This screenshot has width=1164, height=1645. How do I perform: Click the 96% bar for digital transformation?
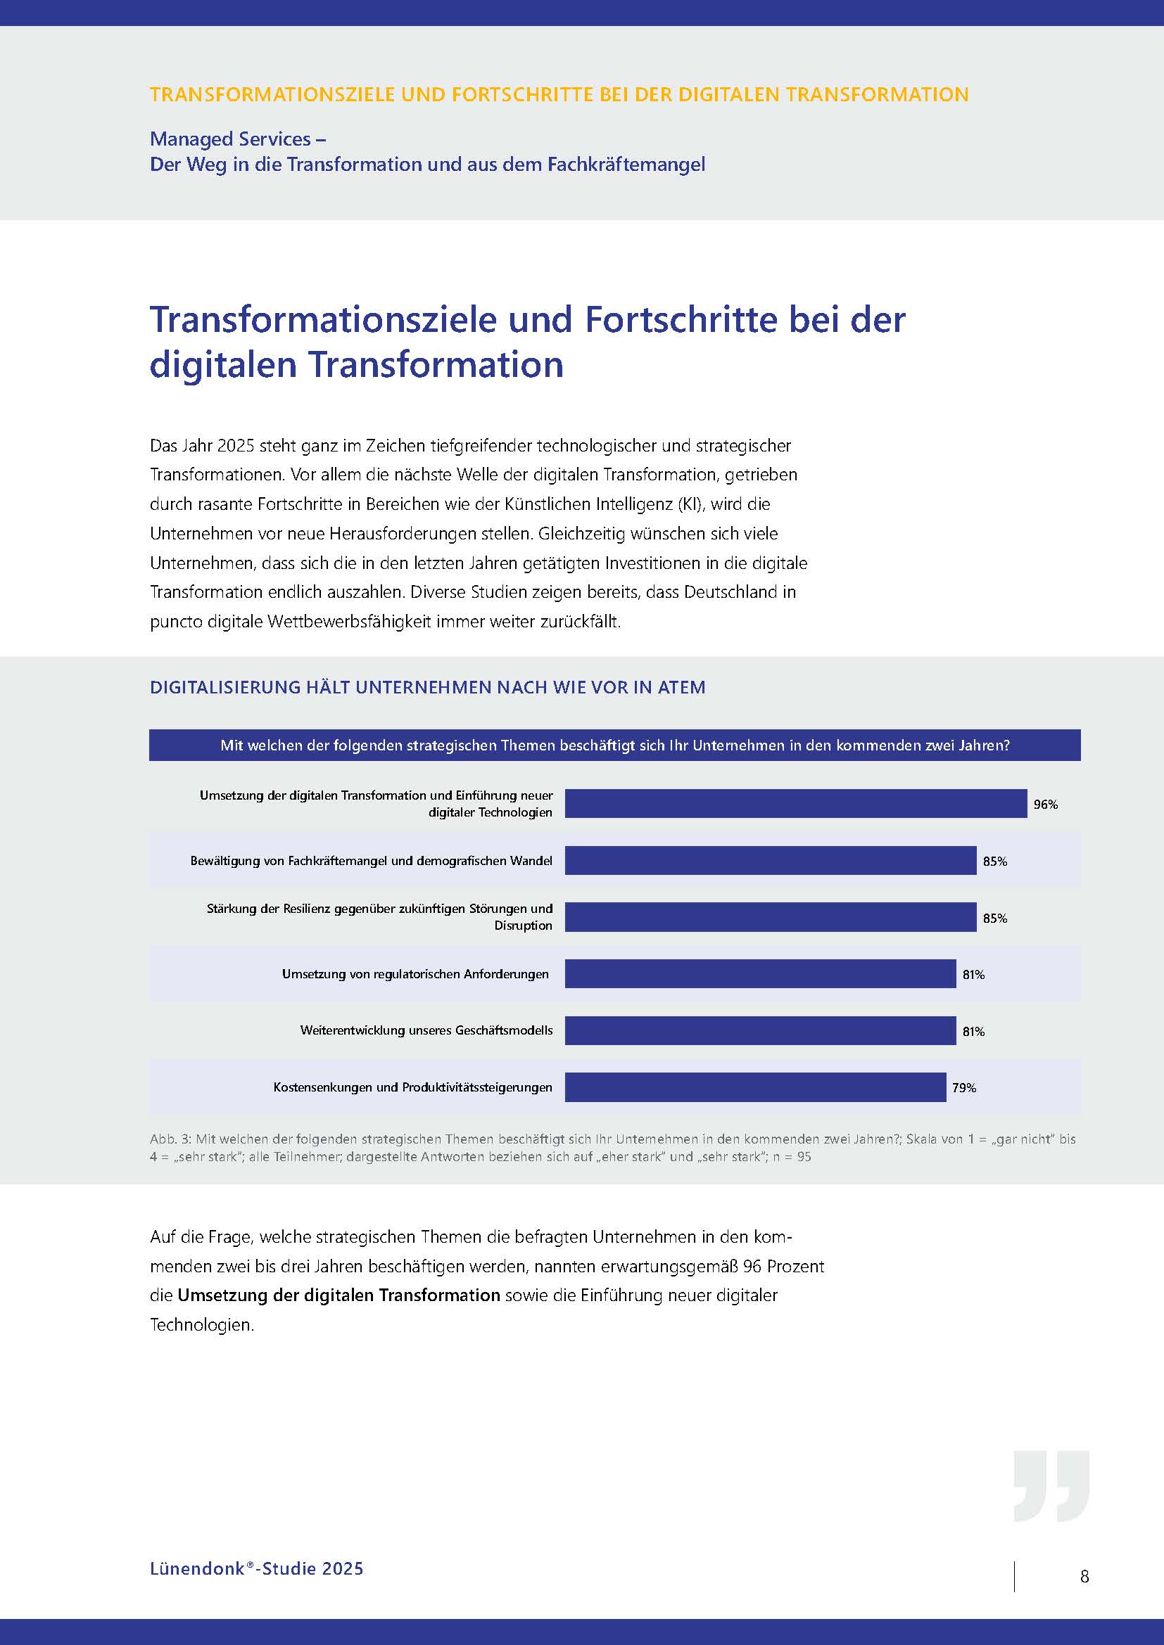(796, 803)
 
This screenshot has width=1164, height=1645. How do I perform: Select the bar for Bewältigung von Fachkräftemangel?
(771, 860)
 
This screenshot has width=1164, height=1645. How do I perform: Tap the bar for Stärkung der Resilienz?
(771, 917)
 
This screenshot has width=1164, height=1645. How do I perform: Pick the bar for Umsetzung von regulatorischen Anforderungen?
(760, 973)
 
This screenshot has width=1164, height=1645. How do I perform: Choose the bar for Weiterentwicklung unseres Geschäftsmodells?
(760, 1030)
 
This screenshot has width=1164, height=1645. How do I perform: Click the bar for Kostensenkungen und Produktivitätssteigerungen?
(754, 1087)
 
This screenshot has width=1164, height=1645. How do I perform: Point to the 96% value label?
(1045, 805)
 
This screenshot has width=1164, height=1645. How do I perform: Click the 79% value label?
(964, 1087)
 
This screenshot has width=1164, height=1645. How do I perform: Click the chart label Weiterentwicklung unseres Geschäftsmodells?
(426, 1030)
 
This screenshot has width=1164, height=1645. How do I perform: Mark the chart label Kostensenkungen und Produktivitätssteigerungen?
(413, 1087)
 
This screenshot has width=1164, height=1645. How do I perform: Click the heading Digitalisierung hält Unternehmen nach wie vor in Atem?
(427, 687)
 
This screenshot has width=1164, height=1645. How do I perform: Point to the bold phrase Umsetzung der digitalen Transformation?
(339, 1295)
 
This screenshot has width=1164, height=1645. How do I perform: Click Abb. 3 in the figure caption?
(169, 1139)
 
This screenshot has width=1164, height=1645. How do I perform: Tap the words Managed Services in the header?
(230, 139)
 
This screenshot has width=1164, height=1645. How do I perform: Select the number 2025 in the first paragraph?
(235, 446)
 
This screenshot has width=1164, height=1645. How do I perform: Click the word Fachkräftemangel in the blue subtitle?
(626, 165)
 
